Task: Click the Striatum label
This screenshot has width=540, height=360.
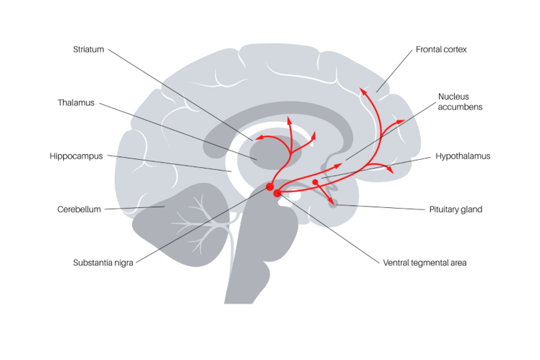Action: tap(88, 49)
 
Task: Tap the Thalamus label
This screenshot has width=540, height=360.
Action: tap(76, 103)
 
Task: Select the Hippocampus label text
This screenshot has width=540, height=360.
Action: tap(77, 156)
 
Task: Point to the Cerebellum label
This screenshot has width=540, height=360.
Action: tap(79, 209)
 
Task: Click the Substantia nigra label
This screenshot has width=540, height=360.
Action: tap(103, 262)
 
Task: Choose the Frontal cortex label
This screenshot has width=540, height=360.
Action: tap(441, 49)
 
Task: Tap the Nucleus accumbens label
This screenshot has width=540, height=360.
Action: tap(460, 101)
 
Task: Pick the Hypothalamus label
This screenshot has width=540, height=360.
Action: tap(463, 156)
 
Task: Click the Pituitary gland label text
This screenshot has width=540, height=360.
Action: tap(455, 209)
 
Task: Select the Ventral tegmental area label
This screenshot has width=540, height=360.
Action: tap(425, 262)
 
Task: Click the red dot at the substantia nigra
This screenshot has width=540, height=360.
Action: tap(270, 187)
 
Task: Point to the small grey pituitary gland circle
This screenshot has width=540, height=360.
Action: tap(333, 204)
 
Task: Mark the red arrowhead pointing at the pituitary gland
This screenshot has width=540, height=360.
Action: tap(330, 200)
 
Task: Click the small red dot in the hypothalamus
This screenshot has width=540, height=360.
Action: tap(315, 182)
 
